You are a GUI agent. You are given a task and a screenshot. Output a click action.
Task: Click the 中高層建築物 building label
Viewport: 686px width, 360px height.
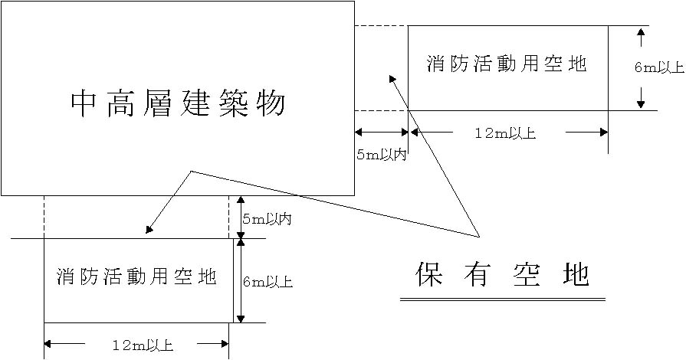tap(177, 103)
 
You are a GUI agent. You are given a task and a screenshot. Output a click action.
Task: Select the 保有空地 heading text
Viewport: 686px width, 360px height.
tap(503, 273)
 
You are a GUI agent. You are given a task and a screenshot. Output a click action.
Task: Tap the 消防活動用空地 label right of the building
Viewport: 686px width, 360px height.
tap(507, 64)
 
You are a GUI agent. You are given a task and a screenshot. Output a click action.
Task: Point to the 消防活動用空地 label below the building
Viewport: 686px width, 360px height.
tap(136, 277)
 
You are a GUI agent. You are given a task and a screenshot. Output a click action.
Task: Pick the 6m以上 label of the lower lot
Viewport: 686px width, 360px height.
tap(268, 282)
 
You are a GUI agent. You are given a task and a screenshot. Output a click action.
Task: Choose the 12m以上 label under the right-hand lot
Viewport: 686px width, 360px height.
tap(505, 133)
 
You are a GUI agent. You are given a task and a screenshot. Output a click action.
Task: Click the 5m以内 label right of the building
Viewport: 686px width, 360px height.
tap(381, 155)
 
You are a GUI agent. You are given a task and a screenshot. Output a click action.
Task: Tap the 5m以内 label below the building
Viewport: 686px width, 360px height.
tap(266, 219)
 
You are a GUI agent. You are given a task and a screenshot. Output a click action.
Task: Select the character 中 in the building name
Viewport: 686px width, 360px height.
tap(84, 103)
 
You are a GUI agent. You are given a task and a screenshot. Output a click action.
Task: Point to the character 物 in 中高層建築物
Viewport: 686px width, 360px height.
tap(271, 103)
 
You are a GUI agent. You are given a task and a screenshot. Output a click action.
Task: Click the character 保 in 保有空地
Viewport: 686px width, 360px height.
tap(430, 273)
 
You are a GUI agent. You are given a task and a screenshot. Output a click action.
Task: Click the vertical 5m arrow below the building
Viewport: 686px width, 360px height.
tap(240, 217)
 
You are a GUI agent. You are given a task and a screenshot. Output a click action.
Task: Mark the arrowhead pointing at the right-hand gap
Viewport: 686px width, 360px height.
tap(392, 78)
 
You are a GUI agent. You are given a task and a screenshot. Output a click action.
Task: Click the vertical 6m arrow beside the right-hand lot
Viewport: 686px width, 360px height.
tap(640, 67)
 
